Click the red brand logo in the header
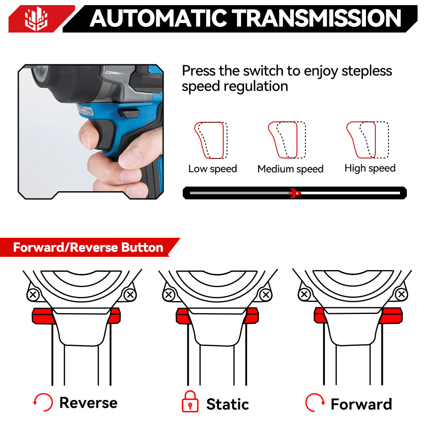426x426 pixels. click(x=36, y=19)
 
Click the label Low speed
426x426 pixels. click(x=213, y=169)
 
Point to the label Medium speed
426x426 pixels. click(x=290, y=169)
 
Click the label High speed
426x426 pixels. click(x=370, y=168)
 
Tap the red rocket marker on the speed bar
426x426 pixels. click(x=294, y=193)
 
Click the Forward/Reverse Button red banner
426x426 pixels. click(x=88, y=248)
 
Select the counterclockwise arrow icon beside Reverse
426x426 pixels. click(x=43, y=402)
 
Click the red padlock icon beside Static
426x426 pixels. click(x=190, y=402)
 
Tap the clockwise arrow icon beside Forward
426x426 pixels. click(x=315, y=402)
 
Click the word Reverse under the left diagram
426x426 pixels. click(x=88, y=403)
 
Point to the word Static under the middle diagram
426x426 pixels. click(x=227, y=404)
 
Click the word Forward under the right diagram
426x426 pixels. click(x=361, y=404)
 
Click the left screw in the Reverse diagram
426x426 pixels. click(x=33, y=294)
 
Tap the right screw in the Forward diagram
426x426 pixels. click(x=401, y=294)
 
